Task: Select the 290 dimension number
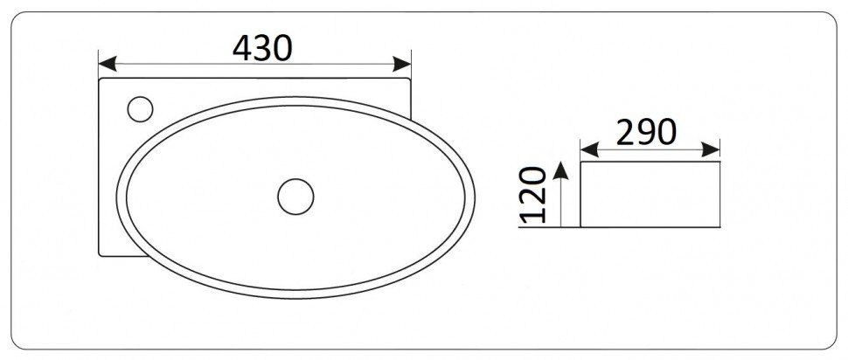pyautogui.click(x=646, y=132)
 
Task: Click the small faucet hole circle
pyautogui.click(x=140, y=109)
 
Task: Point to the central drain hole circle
pyautogui.click(x=295, y=196)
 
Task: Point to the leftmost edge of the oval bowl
pyautogui.click(x=117, y=196)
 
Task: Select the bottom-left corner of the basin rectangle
pyautogui.click(x=101, y=255)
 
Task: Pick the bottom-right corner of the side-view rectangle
pyautogui.click(x=720, y=227)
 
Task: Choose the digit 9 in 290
pyautogui.click(x=647, y=132)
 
